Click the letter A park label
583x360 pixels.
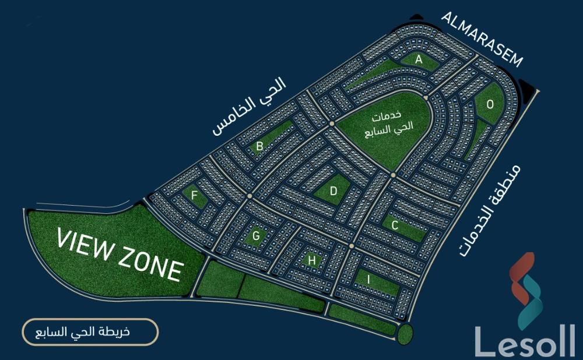419,59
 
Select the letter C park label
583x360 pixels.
395,225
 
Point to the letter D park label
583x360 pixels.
333,190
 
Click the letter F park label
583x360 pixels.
194,195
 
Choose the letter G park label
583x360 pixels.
256,236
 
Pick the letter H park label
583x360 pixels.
312,260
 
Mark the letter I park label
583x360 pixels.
368,280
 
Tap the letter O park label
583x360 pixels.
490,105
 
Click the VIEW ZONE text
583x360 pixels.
120,254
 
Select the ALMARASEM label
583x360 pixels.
483,38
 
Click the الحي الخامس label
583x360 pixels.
250,107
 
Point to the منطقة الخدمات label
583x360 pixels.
490,210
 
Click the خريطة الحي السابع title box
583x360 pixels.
90,333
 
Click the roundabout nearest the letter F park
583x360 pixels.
249,196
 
